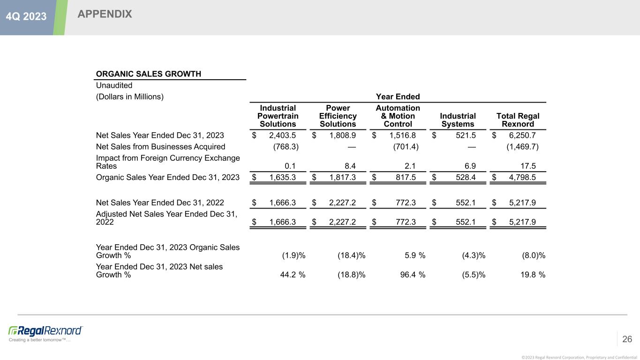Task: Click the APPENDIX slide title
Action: [x=105, y=15]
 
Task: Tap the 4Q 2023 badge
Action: [x=26, y=16]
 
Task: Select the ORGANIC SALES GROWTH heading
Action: [x=149, y=74]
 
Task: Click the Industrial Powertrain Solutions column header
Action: [x=278, y=116]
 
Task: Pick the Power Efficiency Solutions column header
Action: [x=338, y=116]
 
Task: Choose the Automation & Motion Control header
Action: [x=398, y=116]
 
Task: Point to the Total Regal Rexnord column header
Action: [x=518, y=120]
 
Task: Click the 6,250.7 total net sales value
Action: [x=522, y=135]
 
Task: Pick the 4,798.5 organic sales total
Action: [x=522, y=177]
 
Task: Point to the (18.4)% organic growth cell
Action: [x=351, y=255]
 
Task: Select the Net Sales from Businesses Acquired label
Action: [x=161, y=147]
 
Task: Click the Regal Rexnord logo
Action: [x=45, y=330]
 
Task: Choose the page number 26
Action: [x=627, y=339]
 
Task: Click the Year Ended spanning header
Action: [x=398, y=97]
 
